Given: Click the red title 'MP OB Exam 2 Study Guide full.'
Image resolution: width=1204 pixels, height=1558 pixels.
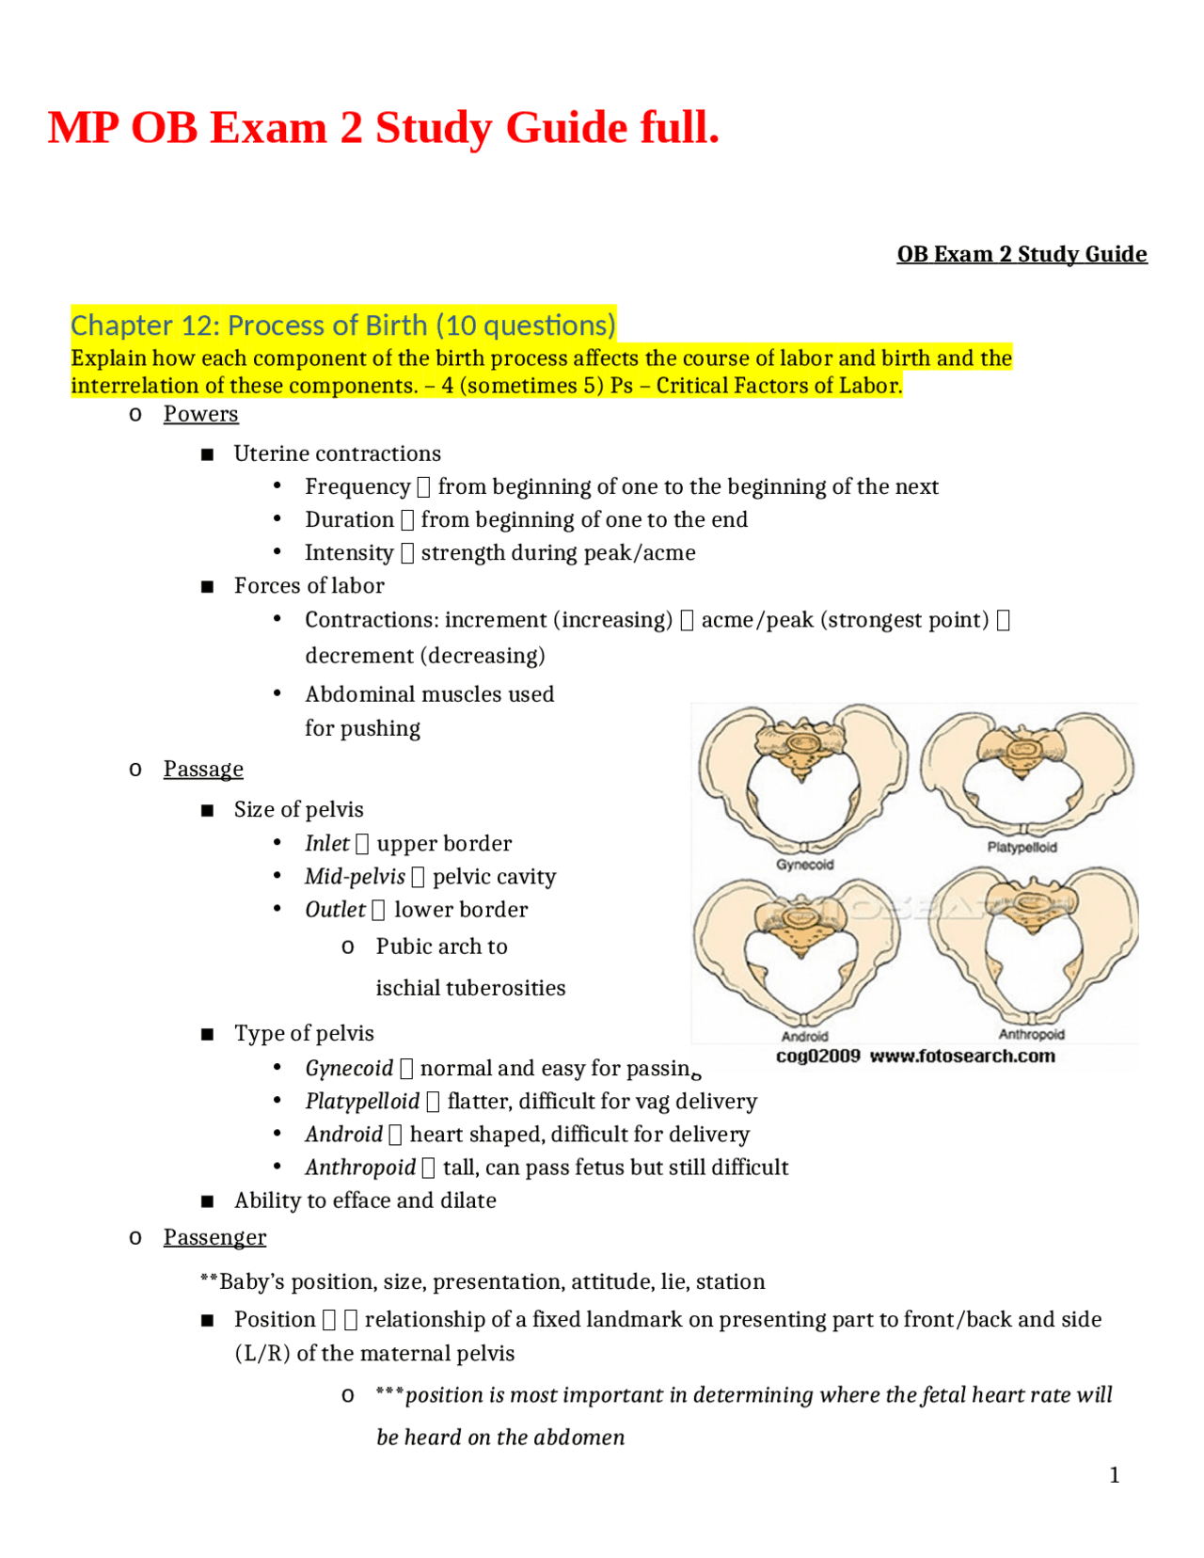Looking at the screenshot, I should [383, 128].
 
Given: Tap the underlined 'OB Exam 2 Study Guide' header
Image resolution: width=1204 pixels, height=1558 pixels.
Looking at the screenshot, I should [1022, 254].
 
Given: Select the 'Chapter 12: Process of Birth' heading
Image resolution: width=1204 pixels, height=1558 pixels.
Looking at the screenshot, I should [343, 326].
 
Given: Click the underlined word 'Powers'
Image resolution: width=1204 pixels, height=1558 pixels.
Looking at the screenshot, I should [200, 414].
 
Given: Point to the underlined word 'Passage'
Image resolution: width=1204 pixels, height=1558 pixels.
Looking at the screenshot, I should [203, 769].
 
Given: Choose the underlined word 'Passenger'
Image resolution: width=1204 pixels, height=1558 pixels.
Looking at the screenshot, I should [214, 1237].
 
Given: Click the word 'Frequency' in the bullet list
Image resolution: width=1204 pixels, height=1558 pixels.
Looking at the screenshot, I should [357, 486].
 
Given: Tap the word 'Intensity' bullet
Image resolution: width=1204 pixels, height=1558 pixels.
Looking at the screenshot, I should [349, 552].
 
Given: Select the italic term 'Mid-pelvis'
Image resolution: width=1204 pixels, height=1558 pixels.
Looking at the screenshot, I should [355, 876].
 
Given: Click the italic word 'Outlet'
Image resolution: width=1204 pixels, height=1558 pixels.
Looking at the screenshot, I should [335, 910].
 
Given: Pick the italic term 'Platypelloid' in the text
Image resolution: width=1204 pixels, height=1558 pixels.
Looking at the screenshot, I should [362, 1101].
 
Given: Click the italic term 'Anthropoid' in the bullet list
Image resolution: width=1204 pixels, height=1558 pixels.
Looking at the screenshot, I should [360, 1168].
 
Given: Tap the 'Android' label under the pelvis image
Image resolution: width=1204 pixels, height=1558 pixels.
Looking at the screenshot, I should [804, 1036].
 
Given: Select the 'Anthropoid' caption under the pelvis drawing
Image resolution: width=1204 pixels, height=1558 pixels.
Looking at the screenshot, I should [1031, 1034].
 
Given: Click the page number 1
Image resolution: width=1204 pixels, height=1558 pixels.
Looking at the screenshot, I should [1115, 1475].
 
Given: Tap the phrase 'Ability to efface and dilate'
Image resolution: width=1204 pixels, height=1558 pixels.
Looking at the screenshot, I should [365, 1200].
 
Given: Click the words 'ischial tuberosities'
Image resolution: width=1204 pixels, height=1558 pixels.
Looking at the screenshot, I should [470, 988].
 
